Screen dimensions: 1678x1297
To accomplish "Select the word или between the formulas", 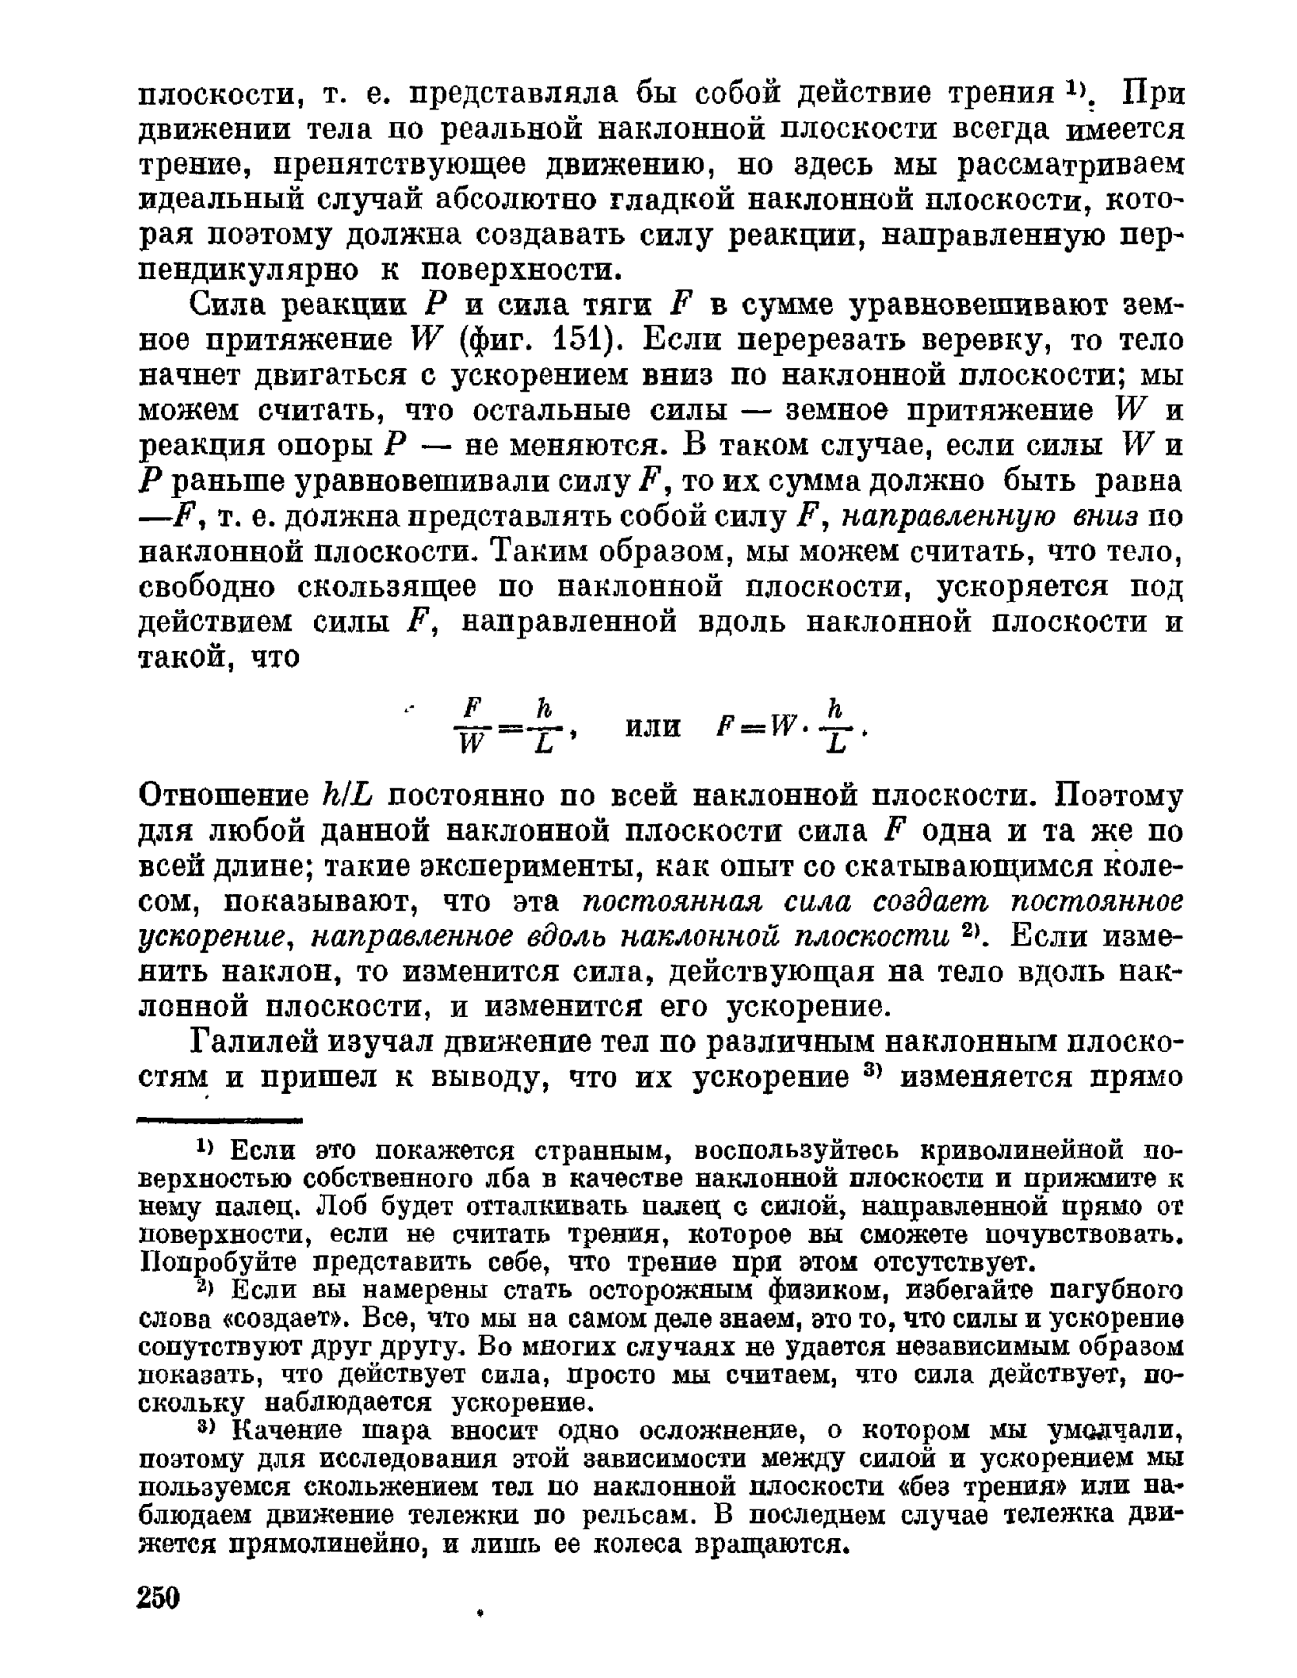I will coord(653,728).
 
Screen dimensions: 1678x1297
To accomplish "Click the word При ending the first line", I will coord(1155,94).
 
